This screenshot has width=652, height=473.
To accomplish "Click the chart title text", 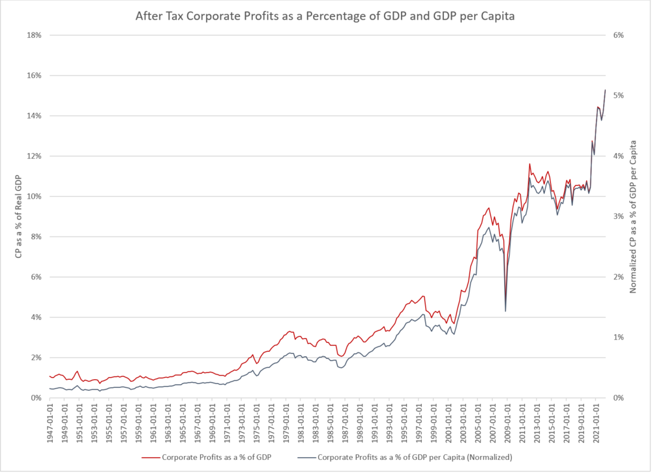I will pos(325,16).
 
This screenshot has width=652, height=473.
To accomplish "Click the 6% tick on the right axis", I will pos(619,35).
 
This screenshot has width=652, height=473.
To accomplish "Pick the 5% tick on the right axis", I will pos(619,96).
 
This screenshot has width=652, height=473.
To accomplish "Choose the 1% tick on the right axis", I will pos(619,337).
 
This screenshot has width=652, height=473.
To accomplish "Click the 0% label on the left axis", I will pos(35,398).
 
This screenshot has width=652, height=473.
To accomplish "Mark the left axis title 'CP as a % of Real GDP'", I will pos(20,216).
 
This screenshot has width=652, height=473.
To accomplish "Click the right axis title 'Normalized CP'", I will pos(632,216).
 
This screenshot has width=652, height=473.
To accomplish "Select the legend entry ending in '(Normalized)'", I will pos(411,457).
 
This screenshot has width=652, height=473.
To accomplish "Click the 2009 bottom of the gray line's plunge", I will pos(506,311).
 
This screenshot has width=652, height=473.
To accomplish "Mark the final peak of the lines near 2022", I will pos(605,90).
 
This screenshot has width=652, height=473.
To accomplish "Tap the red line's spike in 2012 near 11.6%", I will pos(529,164).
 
